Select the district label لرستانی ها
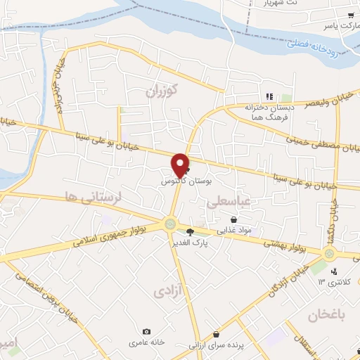click(93, 195)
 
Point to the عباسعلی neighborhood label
click(229, 202)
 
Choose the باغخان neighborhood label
click(328, 315)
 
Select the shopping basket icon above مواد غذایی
click(233, 219)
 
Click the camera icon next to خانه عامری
click(146, 331)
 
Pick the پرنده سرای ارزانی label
click(215, 345)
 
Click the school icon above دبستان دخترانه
click(268, 96)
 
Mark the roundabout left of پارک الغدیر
click(170, 224)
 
